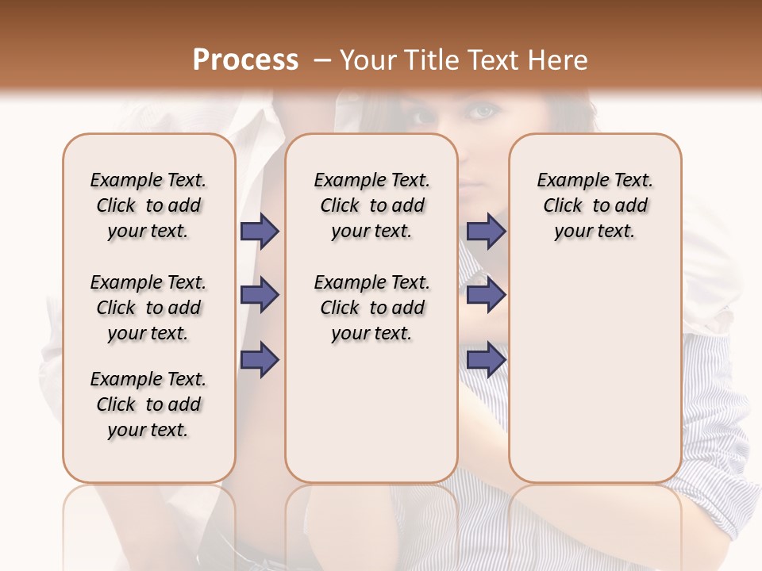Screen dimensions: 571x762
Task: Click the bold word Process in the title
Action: [245, 60]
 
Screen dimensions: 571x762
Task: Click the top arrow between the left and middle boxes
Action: [260, 231]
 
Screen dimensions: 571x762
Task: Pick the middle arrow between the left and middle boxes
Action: [260, 295]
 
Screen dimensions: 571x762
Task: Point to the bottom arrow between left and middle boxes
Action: [260, 359]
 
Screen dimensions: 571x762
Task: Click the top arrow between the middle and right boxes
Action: [487, 231]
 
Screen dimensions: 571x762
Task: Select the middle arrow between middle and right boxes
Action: [487, 295]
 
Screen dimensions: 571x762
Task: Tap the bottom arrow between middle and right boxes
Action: [487, 359]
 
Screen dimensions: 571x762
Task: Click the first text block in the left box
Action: [148, 205]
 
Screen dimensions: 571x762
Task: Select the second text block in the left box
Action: [148, 308]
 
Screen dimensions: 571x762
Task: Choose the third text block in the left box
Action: [148, 404]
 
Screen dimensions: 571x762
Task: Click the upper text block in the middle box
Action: [372, 205]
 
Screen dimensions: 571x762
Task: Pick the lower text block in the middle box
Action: [372, 308]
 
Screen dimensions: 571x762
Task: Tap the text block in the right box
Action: [595, 205]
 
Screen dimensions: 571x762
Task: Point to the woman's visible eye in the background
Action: [482, 113]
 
